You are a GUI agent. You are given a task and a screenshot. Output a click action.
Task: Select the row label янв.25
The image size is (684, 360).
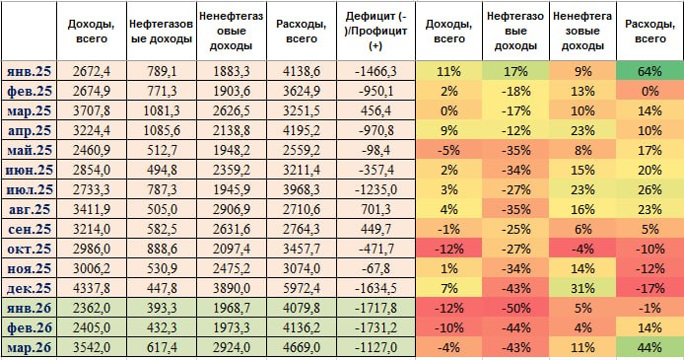(30, 72)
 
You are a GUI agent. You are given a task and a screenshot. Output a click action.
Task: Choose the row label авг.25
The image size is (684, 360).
(30, 208)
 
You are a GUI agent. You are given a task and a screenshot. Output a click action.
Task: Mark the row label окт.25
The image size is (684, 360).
(30, 246)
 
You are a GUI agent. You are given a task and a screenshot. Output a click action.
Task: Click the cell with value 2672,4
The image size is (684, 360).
(92, 72)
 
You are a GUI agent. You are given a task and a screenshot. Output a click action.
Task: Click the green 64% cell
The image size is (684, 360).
(648, 72)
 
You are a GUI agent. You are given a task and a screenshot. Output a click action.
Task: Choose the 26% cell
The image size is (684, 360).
(648, 189)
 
